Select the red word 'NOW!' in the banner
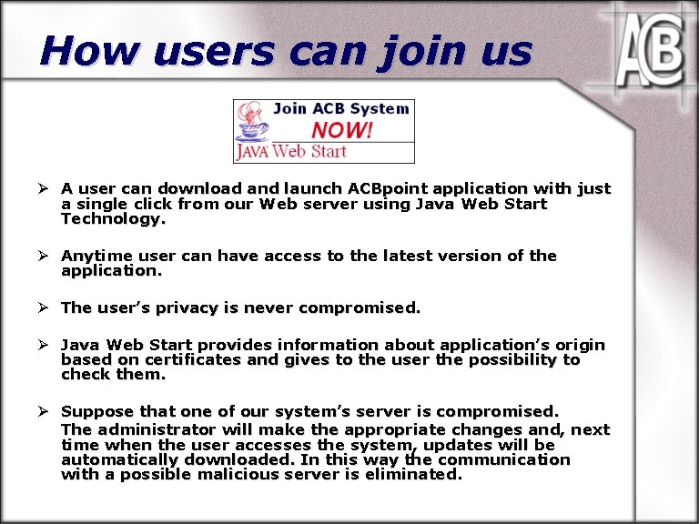(341, 130)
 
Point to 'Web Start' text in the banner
(309, 152)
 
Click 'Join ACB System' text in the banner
(340, 109)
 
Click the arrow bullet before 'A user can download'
(42, 189)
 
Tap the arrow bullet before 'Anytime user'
(42, 257)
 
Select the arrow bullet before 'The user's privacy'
(42, 307)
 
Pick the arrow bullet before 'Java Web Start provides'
(42, 345)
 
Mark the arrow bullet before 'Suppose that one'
(42, 412)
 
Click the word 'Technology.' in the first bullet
(114, 219)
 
